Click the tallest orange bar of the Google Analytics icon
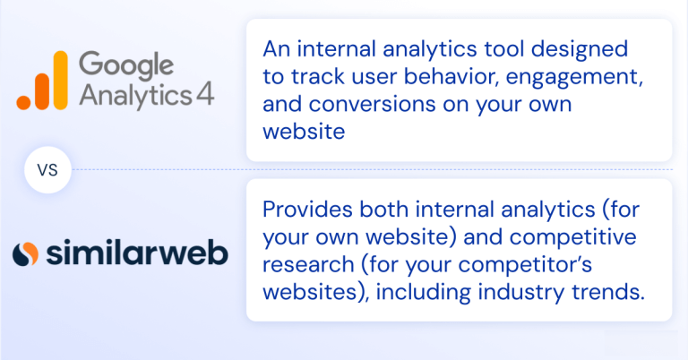coord(59,79)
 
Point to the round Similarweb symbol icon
coord(28,253)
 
